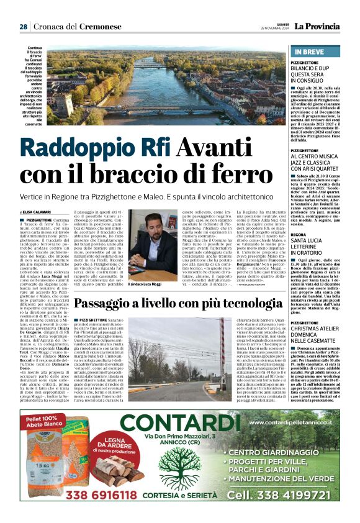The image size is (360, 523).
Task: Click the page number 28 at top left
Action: point(23,27)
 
